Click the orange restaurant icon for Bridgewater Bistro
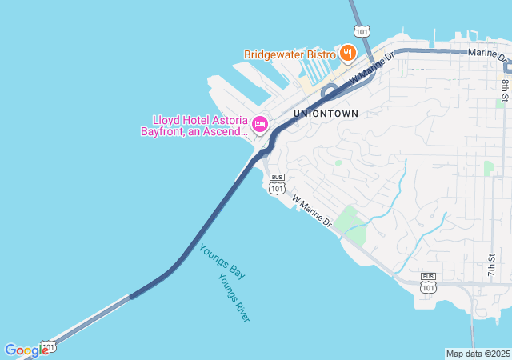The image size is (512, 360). (x=347, y=54)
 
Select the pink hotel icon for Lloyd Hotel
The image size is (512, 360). (x=260, y=124)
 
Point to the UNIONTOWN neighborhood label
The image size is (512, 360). (x=326, y=114)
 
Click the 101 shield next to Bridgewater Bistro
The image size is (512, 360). (x=362, y=31)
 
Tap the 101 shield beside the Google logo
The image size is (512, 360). (x=49, y=346)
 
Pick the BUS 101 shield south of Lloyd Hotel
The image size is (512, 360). (x=277, y=184)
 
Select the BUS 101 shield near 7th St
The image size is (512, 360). (x=428, y=282)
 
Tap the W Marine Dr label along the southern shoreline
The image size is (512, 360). (x=311, y=210)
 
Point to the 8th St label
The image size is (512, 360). (x=505, y=89)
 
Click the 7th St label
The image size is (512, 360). (x=491, y=266)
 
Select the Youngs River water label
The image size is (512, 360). (x=234, y=297)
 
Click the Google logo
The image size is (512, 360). (x=26, y=350)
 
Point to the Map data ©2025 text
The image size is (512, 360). (x=478, y=354)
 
